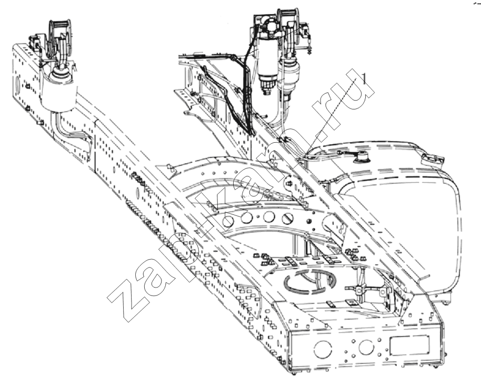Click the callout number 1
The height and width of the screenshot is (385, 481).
click(x=364, y=78)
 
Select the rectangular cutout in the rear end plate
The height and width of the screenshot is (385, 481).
click(x=409, y=345)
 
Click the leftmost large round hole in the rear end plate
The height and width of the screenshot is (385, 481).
click(x=323, y=349)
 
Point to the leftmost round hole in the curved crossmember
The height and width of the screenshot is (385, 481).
click(x=228, y=221)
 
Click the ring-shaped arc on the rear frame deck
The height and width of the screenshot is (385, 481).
click(x=310, y=279)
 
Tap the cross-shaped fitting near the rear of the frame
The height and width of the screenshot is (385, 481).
click(x=358, y=289)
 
